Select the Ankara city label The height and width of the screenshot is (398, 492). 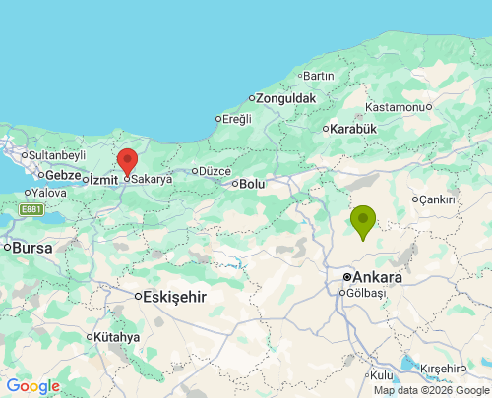coord(378,278)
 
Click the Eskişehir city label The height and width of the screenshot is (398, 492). coord(174,296)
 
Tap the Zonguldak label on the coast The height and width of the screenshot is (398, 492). coord(286,98)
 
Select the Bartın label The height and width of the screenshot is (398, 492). coord(319,76)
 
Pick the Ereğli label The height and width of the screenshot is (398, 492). coord(236,119)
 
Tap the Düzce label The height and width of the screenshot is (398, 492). coord(214,170)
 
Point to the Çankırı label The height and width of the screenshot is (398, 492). coord(437,199)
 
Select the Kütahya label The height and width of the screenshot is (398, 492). coord(117,337)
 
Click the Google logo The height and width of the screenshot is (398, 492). coord(32,386)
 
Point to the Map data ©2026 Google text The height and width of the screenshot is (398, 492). coord(430,390)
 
